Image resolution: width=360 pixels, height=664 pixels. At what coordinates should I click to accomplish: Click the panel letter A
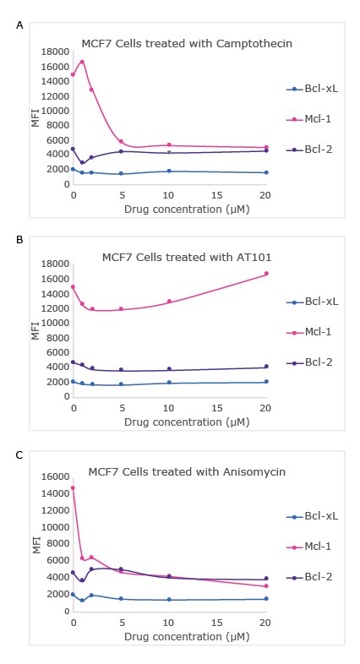(19, 26)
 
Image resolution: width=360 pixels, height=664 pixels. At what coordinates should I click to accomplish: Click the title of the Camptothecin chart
(187, 43)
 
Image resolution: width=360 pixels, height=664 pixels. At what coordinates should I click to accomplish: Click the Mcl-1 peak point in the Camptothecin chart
(82, 62)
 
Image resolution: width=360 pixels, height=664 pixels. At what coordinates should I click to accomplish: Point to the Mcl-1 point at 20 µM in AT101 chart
(266, 274)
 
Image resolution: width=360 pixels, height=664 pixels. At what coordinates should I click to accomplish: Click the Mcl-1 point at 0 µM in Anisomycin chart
(73, 487)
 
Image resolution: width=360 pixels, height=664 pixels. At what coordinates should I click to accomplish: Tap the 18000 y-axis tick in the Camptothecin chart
(55, 52)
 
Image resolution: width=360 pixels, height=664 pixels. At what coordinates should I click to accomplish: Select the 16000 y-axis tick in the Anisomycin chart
(55, 477)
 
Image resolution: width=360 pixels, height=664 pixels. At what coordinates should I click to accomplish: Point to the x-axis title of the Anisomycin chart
(170, 634)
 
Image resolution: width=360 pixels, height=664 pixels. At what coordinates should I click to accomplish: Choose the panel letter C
(19, 455)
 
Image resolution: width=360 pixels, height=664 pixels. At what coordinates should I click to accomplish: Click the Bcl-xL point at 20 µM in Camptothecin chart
(266, 172)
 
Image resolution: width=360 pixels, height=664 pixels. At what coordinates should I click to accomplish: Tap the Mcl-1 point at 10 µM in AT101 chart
(169, 302)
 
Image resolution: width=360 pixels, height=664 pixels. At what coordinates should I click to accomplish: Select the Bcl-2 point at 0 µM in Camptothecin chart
(73, 149)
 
